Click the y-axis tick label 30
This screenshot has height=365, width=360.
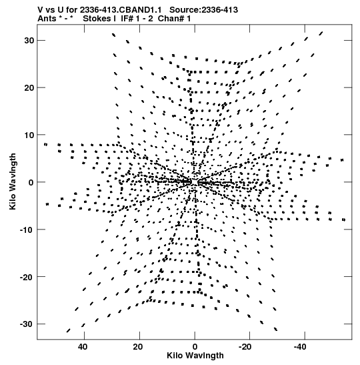coord(29,41)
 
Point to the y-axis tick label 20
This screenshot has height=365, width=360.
coord(29,88)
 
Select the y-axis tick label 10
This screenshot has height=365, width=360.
coord(29,135)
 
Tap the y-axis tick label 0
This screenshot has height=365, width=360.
coord(31,183)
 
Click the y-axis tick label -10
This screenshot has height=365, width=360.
coord(27,230)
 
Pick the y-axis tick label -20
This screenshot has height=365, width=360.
coord(27,277)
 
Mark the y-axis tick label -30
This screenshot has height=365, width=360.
coord(27,324)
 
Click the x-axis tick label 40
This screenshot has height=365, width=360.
coord(83,347)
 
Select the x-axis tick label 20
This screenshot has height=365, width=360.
coord(138,347)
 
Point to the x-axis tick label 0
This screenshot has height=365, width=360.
coord(195,347)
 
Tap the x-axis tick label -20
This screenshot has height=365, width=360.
coord(245,347)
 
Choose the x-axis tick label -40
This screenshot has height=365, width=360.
coord(300,347)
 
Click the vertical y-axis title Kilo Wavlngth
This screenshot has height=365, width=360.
coord(13,181)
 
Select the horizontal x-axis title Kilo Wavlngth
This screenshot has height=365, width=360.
coord(195,356)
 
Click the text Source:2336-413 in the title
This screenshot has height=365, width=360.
coord(204,10)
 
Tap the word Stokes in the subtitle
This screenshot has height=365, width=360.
coord(97,19)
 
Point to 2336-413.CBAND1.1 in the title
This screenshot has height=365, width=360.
coord(121,10)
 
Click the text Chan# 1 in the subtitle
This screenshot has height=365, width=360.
coord(174,19)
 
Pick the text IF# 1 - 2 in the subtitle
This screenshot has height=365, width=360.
coord(137,19)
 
